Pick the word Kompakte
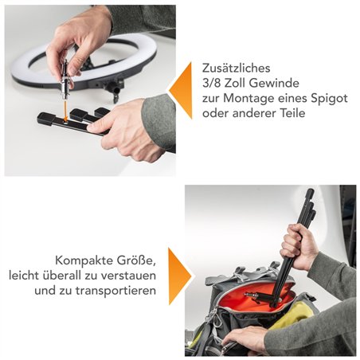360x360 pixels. click(x=86, y=260)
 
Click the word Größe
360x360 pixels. click(x=140, y=260)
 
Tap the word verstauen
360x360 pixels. click(x=131, y=276)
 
